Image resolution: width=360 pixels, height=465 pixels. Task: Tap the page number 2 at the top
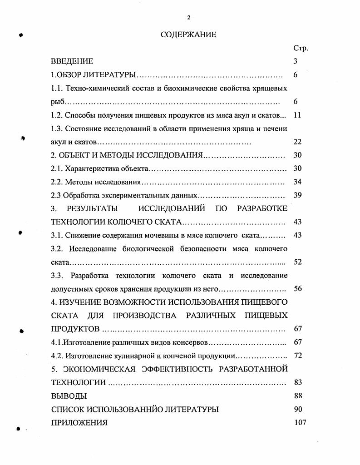pos(188,17)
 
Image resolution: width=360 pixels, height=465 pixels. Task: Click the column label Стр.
pos(301,48)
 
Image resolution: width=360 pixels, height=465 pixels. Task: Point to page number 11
pos(297,115)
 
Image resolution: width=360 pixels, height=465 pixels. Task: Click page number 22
pos(297,142)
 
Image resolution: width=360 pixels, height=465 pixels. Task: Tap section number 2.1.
pos(57,168)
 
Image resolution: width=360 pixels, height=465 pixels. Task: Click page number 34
pos(297,182)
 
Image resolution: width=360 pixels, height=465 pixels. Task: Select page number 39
pos(297,195)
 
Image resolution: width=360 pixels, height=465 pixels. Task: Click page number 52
pos(297,262)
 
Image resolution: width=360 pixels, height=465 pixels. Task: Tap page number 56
pos(297,289)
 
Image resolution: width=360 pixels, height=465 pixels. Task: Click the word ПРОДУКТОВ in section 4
pos(75,329)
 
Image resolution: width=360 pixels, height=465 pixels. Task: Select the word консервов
pos(190,342)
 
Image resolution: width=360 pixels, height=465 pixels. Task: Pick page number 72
pos(297,356)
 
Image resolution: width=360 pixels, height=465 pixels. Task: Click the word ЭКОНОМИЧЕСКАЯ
pos(97,369)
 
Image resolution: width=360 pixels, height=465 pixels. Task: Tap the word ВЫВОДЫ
pos(69,396)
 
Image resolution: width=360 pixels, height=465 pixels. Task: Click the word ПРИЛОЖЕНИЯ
pos(79,422)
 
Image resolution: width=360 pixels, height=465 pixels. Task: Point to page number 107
pos(300,422)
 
